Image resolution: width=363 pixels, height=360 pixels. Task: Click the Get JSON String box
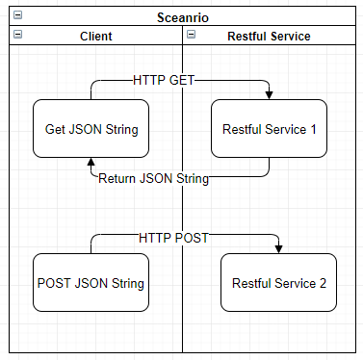(91, 128)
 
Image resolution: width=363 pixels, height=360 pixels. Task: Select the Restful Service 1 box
(269, 128)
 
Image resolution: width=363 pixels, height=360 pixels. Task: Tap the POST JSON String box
(91, 283)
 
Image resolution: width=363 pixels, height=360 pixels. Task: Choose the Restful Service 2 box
(278, 283)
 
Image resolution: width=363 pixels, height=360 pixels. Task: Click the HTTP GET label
(171, 81)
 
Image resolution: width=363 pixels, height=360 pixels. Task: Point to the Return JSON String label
(154, 178)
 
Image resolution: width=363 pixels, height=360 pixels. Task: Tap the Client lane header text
(95, 37)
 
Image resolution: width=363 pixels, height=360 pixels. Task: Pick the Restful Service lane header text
(269, 37)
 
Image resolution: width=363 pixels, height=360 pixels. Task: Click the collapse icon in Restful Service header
(192, 36)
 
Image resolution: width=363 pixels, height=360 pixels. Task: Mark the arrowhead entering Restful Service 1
(269, 94)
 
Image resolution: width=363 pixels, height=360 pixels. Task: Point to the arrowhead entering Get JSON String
(91, 164)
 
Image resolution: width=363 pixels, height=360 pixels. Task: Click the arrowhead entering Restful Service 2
(278, 249)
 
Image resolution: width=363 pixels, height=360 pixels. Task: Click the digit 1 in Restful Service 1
(313, 128)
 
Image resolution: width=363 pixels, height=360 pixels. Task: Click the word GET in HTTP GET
(193, 81)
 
